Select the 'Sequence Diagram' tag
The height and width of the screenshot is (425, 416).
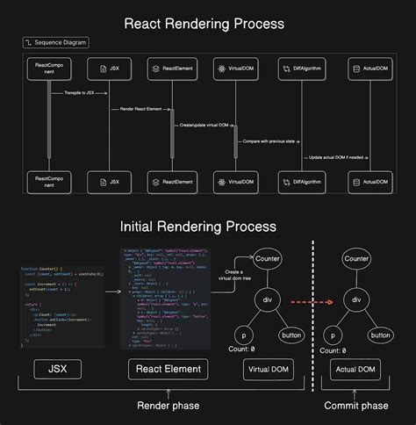click(x=55, y=41)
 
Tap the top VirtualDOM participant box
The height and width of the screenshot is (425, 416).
click(x=235, y=67)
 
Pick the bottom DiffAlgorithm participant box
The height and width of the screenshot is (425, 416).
click(x=298, y=182)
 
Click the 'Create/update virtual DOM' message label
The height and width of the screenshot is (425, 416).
click(x=204, y=125)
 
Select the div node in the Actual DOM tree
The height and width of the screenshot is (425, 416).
click(x=356, y=299)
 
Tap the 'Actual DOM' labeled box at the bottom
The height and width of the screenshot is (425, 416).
click(x=355, y=370)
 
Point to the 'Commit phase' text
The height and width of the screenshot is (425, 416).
click(x=355, y=406)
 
